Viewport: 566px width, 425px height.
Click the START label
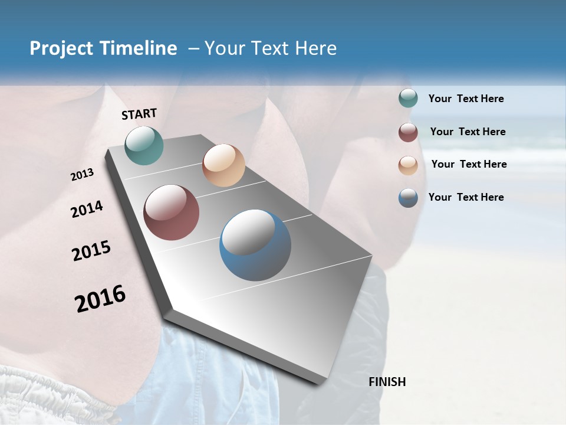(139, 114)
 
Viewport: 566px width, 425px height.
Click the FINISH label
(387, 382)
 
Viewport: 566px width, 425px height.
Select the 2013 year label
(83, 175)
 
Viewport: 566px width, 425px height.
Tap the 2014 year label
(87, 210)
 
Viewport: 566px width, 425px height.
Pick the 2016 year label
(100, 298)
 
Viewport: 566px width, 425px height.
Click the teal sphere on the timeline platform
(144, 145)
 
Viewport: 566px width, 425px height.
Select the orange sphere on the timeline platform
(223, 165)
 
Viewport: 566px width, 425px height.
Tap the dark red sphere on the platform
(172, 212)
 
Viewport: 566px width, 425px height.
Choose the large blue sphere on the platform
(255, 245)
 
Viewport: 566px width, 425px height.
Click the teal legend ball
(408, 99)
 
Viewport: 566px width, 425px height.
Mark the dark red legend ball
(408, 132)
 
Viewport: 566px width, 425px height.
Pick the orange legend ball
(408, 165)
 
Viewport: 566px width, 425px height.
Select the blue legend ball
(408, 198)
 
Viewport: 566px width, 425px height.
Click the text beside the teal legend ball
(466, 99)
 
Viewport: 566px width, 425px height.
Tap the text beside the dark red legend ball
(468, 132)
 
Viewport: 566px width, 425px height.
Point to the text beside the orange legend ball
(469, 164)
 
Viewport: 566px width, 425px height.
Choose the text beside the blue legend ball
(466, 197)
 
